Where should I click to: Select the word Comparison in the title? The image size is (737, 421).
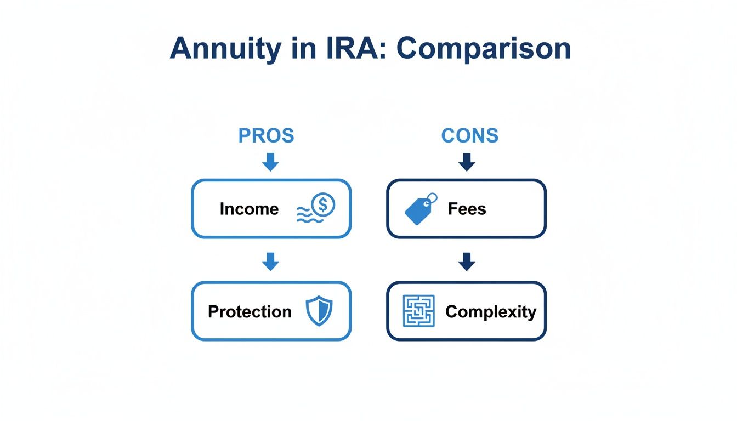tap(483, 49)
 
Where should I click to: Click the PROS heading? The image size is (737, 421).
tap(266, 135)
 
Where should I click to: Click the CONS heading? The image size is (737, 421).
tap(470, 135)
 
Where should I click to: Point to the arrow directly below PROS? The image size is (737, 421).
tap(270, 162)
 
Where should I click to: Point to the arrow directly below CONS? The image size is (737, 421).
tap(467, 162)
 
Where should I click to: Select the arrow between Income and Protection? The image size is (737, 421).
tap(270, 262)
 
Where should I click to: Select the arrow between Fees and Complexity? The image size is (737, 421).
tap(467, 262)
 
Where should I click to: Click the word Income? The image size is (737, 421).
tap(249, 209)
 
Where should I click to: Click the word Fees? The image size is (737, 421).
tap(467, 209)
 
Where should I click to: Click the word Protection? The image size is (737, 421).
tap(250, 311)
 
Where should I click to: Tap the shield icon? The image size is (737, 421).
tap(318, 311)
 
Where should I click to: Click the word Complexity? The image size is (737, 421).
tap(491, 311)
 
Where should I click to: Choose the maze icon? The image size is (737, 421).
tap(418, 311)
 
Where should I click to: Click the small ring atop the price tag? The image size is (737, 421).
tap(432, 198)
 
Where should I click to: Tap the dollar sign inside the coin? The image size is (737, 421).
tap(324, 205)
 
